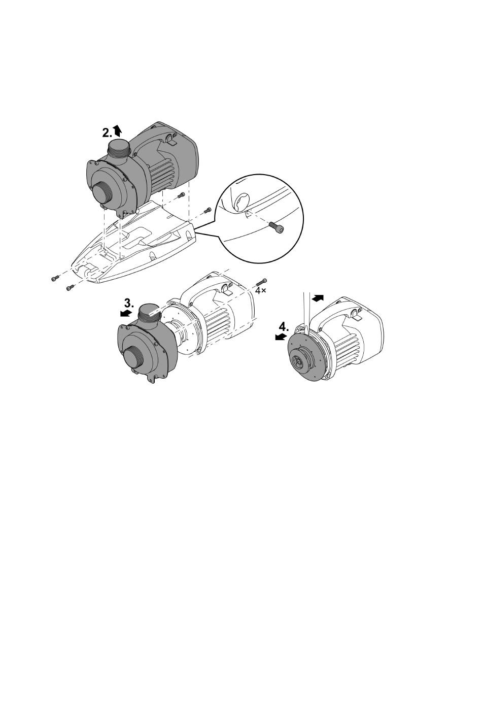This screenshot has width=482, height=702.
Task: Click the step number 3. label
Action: point(129,304)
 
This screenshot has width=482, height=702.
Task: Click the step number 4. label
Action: point(284,327)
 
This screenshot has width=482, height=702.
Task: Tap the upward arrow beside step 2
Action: point(117,130)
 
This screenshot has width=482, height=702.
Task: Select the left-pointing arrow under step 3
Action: point(126,313)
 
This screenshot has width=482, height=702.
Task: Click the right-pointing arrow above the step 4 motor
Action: point(318,298)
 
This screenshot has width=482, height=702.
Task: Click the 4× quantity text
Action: point(261,290)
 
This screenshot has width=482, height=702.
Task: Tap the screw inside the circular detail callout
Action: point(277,227)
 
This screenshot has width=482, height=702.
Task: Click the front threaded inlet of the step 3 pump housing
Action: point(133,357)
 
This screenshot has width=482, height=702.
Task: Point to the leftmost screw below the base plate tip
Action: point(54,278)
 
